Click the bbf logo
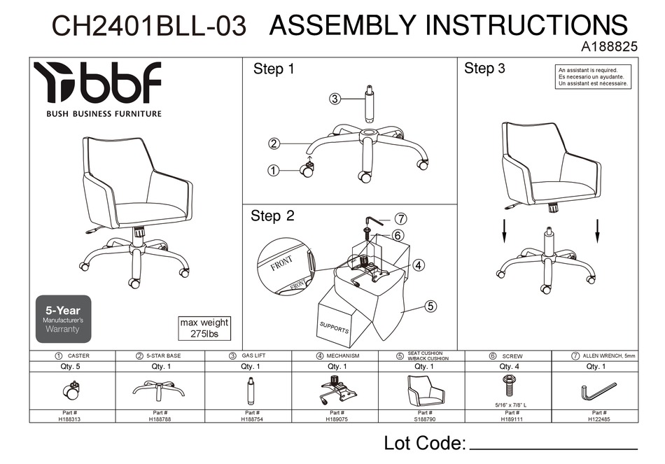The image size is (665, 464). pos(98,83)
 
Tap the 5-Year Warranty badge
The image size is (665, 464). pos(63,318)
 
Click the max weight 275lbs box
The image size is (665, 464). pos(204,328)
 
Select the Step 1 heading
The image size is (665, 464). pos(274,69)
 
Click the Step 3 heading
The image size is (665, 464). pos(484,68)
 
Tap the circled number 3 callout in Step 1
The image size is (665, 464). pos(335,99)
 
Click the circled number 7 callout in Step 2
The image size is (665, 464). pos(401,218)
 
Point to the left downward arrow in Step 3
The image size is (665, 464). pos(504,231)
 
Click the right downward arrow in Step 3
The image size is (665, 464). pos(597,231)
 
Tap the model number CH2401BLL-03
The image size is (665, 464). pos(149,27)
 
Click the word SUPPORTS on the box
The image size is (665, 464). pos(334,328)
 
